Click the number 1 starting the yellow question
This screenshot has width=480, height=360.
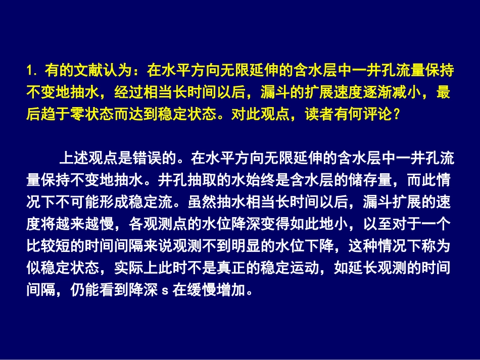click(x=30, y=70)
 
